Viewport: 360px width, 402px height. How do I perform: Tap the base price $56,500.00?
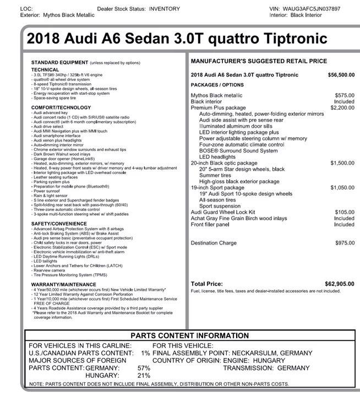pos(341,75)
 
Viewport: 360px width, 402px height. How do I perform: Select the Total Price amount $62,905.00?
pos(340,284)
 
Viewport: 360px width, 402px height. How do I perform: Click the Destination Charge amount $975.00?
pos(345,243)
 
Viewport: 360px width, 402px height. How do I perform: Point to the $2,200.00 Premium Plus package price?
pos(342,108)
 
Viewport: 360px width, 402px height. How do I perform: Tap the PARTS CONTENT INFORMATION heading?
pos(189,335)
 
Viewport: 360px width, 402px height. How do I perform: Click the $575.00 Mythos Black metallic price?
pos(345,95)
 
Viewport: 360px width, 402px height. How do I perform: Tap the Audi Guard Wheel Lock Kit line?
pos(223,212)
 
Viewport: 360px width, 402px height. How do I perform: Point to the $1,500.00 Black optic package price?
pos(342,164)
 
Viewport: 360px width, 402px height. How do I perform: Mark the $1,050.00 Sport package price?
pos(342,188)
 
